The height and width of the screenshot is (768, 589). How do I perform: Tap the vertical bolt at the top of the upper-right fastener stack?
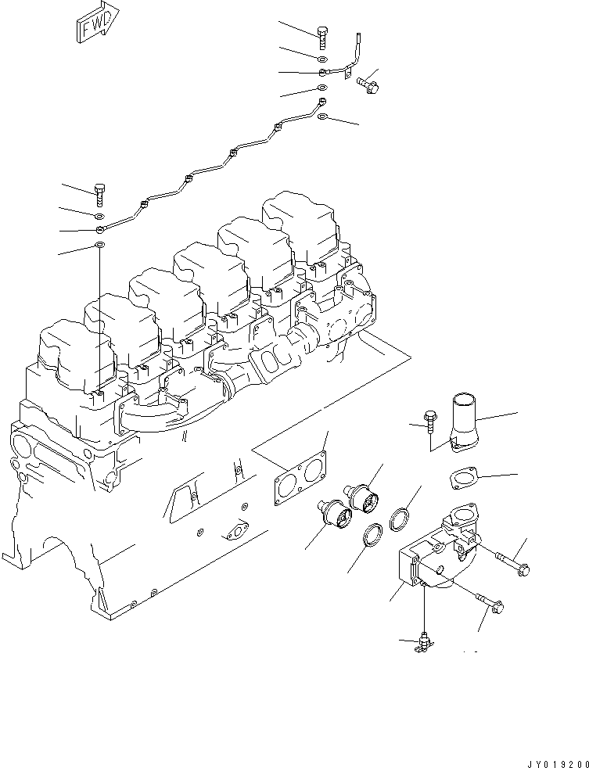tap(323, 37)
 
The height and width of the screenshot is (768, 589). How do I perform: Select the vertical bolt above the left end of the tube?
tap(99, 192)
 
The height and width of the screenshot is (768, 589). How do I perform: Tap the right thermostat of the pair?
tap(364, 497)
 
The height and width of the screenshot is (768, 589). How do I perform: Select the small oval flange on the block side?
tap(234, 534)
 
